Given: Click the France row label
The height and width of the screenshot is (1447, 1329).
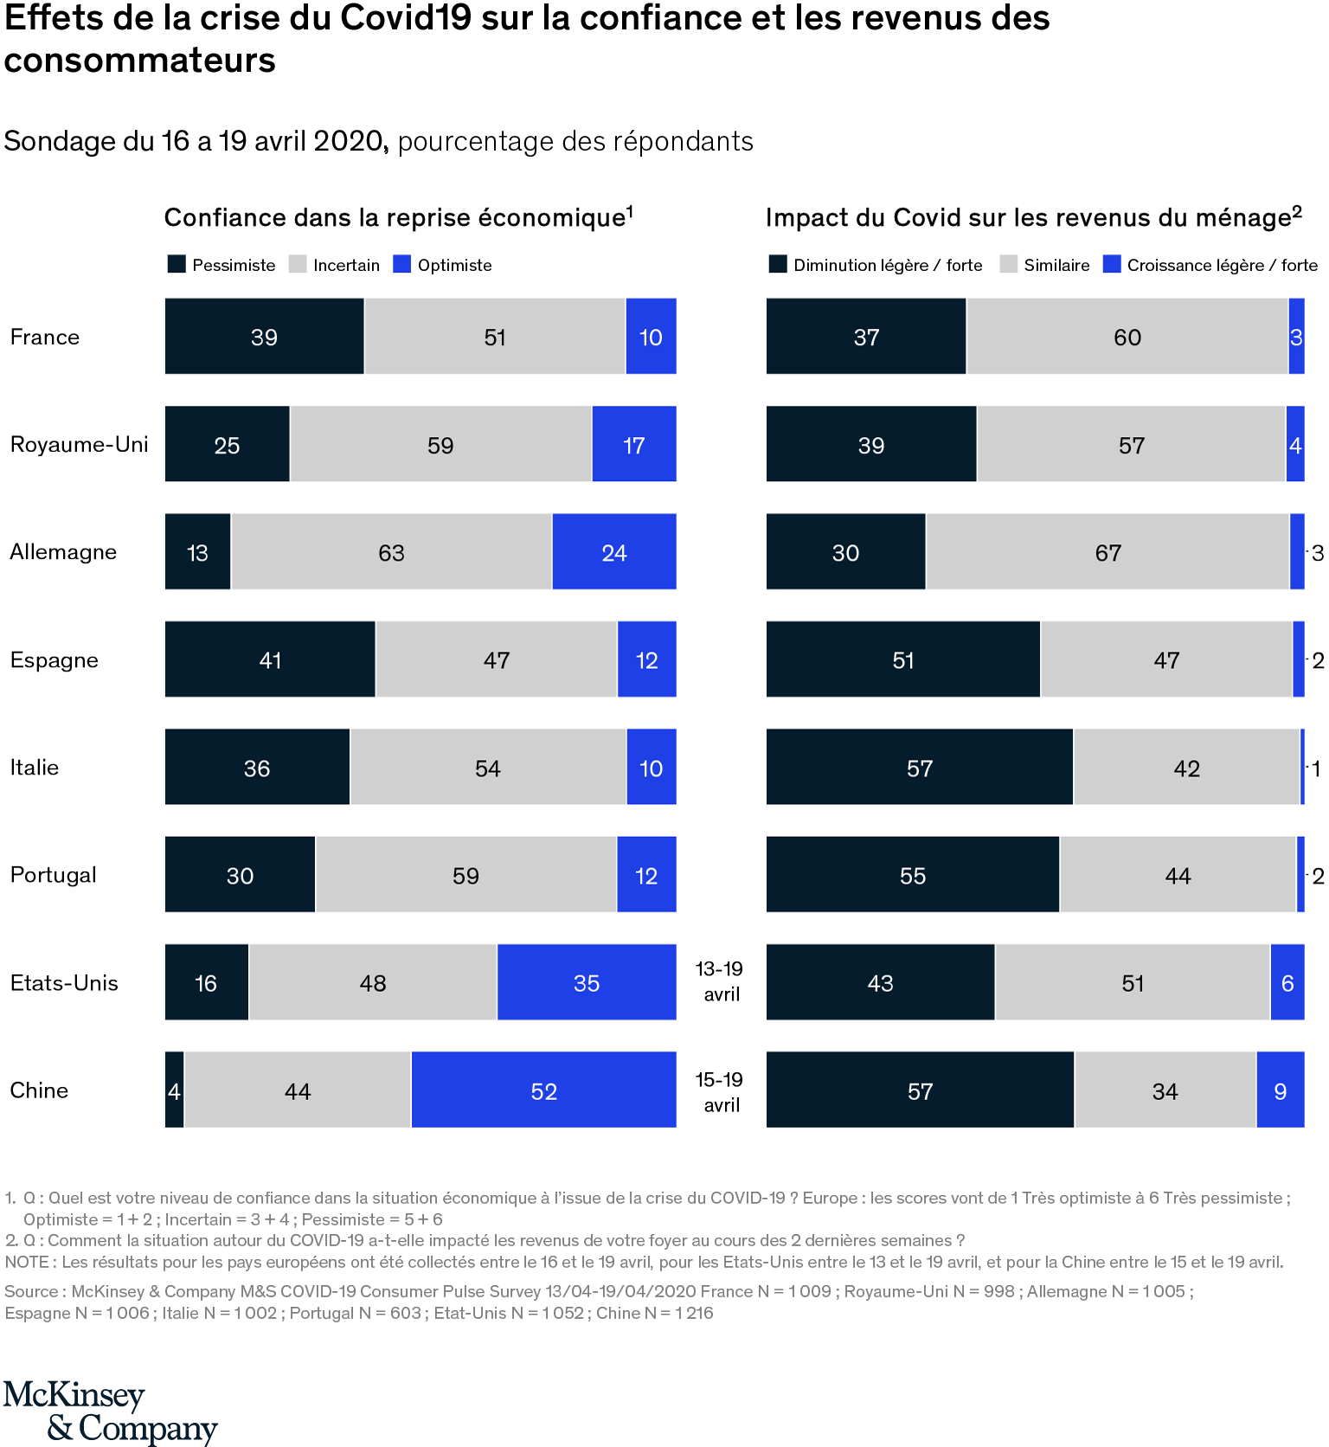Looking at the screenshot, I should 45,337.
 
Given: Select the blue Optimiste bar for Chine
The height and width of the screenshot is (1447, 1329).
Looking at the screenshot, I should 543,1090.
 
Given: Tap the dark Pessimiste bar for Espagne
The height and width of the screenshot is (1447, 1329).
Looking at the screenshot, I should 270,659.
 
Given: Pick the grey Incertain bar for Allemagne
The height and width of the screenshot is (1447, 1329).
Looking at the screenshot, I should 391,552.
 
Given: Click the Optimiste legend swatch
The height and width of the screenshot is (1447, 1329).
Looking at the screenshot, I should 402,265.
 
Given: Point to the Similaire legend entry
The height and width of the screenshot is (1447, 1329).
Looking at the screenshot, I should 1045,265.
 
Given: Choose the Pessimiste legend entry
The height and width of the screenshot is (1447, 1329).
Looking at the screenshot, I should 222,265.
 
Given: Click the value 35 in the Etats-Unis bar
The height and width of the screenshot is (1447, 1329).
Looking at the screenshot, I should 587,983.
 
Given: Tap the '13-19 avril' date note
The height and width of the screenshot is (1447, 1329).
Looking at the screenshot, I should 721,981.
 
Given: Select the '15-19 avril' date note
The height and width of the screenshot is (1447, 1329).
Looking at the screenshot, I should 721,1092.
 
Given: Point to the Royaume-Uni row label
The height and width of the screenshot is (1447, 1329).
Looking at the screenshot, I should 80,445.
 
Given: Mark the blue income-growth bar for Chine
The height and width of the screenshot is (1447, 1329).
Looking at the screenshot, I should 1280,1090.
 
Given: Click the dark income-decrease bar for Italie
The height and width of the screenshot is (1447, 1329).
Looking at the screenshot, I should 919,767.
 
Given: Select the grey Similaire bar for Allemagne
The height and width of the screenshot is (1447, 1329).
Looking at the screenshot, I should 1107,552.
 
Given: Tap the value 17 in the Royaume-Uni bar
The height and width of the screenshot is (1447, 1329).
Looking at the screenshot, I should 634,446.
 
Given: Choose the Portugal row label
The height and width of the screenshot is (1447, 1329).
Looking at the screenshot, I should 54,875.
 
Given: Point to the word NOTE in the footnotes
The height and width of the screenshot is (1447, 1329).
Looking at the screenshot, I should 29,1262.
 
